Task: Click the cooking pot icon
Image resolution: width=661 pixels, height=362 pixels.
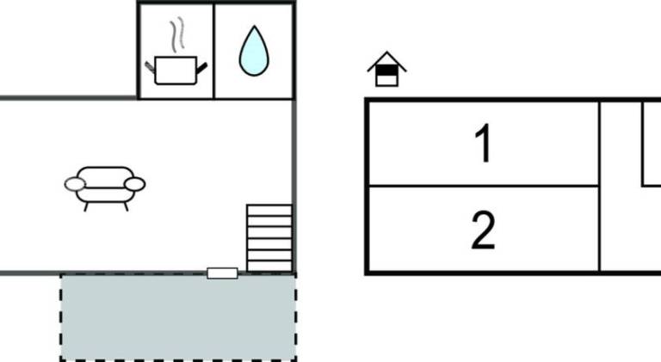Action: point(176,70)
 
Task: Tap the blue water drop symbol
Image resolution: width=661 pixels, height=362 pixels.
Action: point(254,51)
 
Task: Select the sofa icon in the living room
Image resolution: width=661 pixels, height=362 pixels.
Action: point(105,188)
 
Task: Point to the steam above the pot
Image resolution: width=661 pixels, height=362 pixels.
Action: point(177,34)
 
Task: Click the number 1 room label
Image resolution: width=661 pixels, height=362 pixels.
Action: point(484,143)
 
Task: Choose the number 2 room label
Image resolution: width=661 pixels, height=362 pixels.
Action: point(483,230)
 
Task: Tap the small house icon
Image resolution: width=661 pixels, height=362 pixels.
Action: point(386,69)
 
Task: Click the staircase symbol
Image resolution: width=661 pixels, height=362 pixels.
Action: point(269,238)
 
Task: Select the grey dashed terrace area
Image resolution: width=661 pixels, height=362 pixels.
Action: point(178,317)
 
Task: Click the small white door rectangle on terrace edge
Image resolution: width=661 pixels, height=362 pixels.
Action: point(222,273)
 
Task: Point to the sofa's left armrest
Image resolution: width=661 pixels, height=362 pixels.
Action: point(75,184)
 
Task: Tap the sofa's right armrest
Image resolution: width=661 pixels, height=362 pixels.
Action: point(135,184)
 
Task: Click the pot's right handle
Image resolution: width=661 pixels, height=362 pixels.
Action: point(202,67)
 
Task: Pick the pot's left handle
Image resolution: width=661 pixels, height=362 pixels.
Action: point(150,67)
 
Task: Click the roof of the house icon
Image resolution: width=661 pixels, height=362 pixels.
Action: point(386,60)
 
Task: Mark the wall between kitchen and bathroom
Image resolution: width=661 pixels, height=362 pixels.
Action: point(214,52)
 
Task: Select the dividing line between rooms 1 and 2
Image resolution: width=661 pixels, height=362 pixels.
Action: point(484,185)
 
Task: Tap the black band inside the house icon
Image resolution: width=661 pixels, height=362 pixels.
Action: point(386,70)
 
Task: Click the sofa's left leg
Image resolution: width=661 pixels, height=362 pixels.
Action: point(86,206)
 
